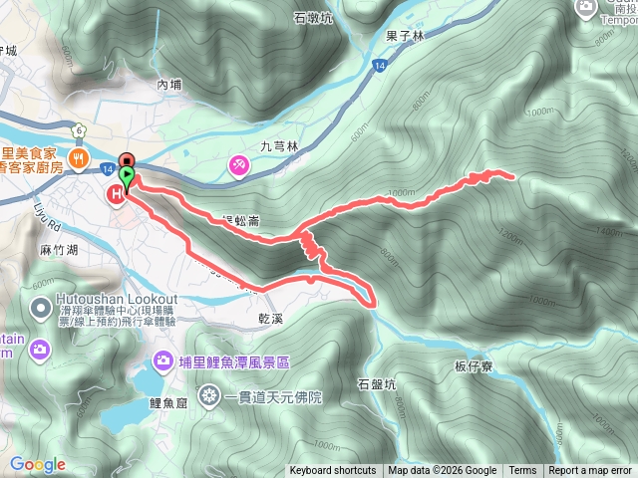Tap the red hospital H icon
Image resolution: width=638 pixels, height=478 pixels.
click(x=116, y=195)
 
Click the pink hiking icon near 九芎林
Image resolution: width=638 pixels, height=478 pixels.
click(x=239, y=165)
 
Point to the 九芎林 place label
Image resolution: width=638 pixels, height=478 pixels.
click(x=279, y=146)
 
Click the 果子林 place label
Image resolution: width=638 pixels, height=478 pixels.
click(x=405, y=34)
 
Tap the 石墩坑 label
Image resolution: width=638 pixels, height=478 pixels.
click(x=313, y=17)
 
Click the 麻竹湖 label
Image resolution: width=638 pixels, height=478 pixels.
click(x=58, y=253)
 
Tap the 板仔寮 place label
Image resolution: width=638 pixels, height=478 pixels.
click(x=475, y=366)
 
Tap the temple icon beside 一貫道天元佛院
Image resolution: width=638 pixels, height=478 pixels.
click(x=208, y=397)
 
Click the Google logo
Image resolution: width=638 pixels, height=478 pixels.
click(x=37, y=464)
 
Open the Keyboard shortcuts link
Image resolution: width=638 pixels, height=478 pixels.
click(x=333, y=471)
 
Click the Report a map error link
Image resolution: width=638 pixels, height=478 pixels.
click(x=590, y=471)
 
